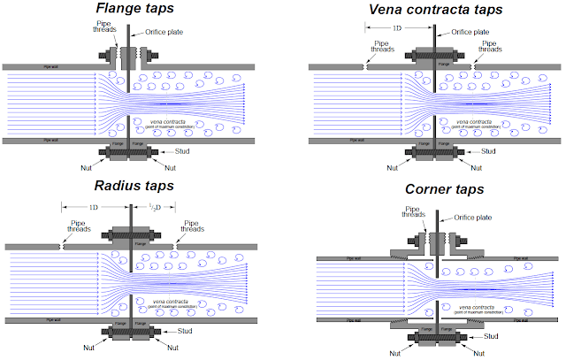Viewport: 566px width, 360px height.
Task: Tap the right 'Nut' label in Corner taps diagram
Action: [x=482, y=352]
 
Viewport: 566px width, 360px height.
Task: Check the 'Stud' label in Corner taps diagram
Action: [x=499, y=336]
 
